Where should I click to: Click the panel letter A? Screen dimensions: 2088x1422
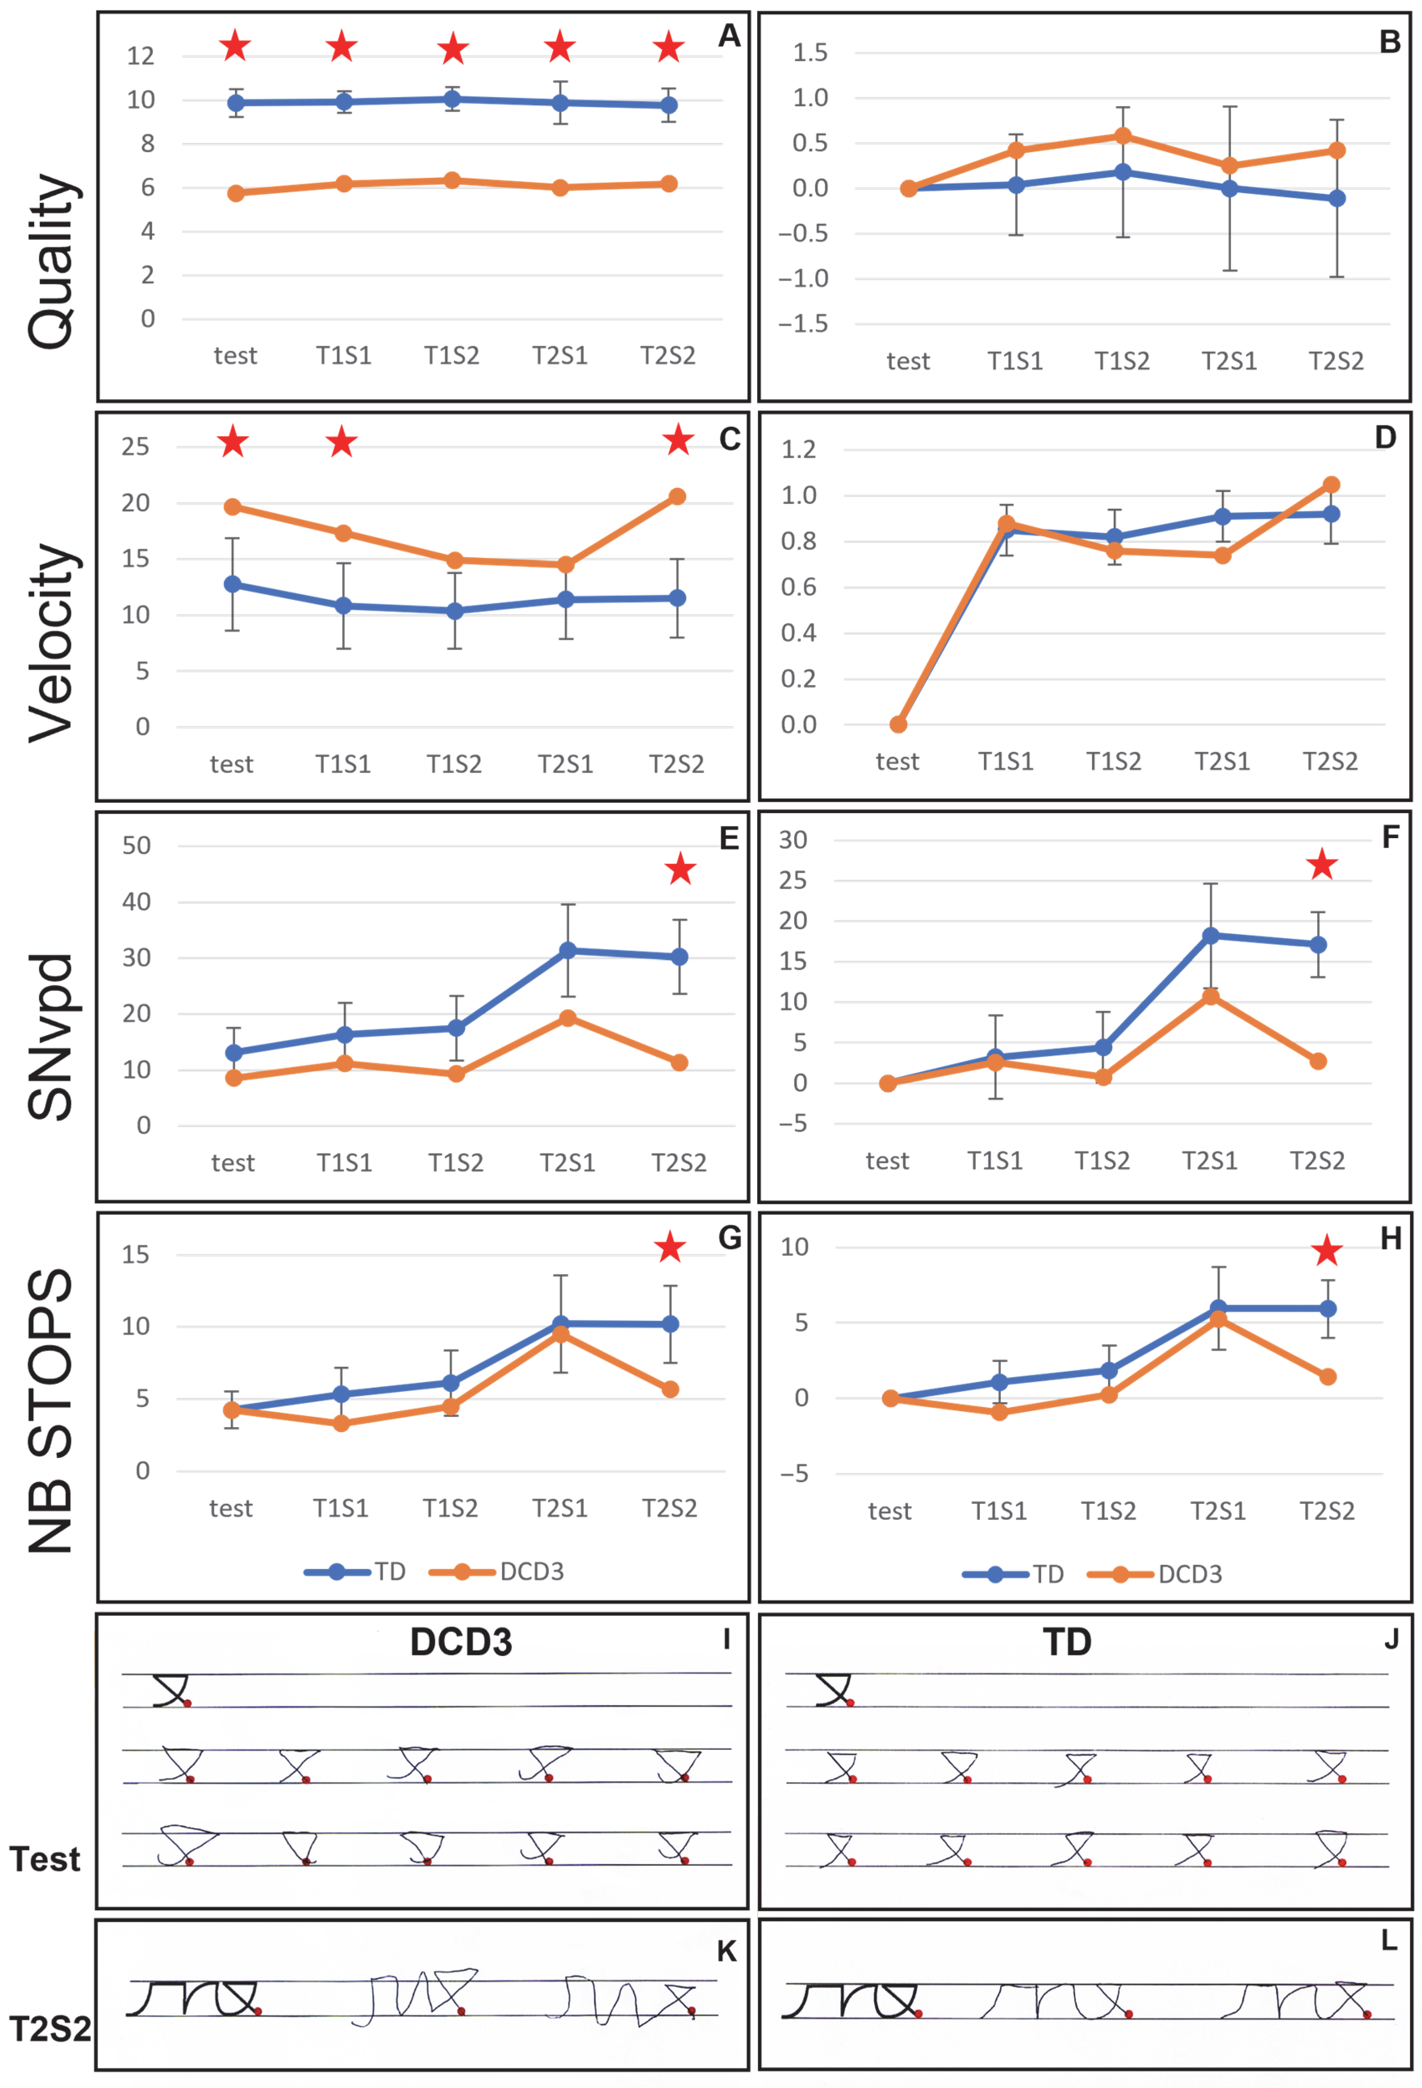(729, 36)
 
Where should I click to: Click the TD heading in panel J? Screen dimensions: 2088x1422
(1067, 1643)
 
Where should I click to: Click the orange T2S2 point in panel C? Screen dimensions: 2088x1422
(677, 497)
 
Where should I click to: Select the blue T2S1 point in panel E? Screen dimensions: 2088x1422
(567, 951)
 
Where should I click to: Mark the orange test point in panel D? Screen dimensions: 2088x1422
(898, 724)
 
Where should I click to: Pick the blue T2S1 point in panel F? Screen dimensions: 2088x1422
(1211, 935)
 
